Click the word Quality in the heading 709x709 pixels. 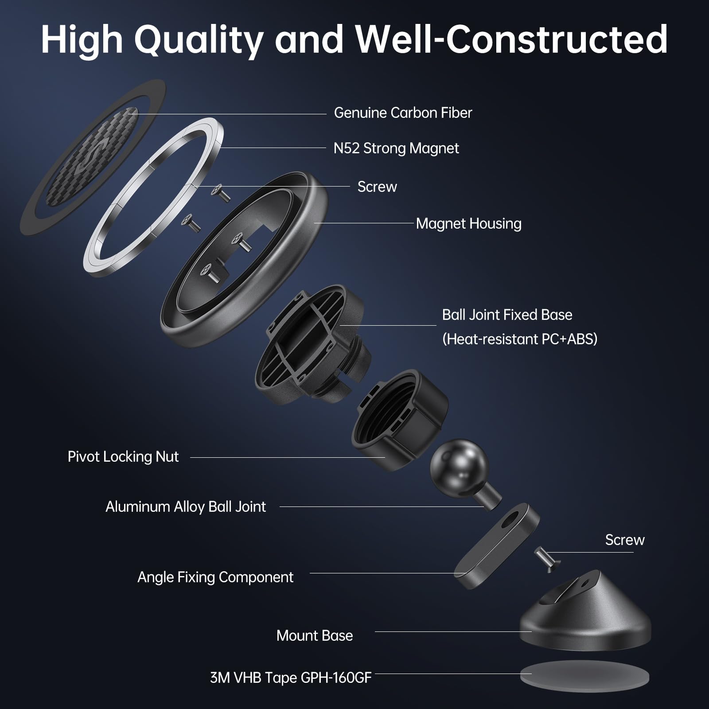coord(199,40)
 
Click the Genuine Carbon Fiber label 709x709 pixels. coord(402,113)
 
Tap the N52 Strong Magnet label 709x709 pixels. coord(396,148)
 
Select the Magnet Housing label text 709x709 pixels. coord(468,224)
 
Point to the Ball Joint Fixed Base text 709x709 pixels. coord(506,315)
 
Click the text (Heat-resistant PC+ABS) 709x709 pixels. coord(519,339)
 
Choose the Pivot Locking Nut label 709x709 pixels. coord(123,457)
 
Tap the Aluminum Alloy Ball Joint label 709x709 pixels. coord(185,507)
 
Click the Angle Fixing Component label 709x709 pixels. coord(215,577)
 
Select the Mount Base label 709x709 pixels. coord(314,636)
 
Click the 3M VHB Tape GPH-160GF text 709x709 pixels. coord(290,678)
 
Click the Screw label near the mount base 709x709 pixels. coord(624,540)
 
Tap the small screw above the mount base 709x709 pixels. coord(547,558)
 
